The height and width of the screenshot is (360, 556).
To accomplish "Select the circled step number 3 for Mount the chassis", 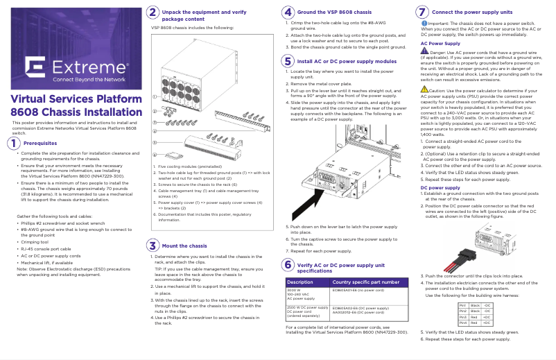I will pos(153,245).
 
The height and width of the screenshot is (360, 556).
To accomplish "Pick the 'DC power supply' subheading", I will pos(440,187).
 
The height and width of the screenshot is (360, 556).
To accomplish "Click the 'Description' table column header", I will pos(300,282).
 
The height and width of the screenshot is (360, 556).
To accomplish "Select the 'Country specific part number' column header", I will pos(366,282).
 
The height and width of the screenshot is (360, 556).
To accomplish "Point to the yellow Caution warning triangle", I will pos(424,89).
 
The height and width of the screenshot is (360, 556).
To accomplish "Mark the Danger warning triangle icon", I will pos(424,51).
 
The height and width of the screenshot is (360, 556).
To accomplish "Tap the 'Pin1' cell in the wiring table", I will pos(462,305).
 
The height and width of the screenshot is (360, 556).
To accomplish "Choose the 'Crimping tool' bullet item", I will pos(40,242).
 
